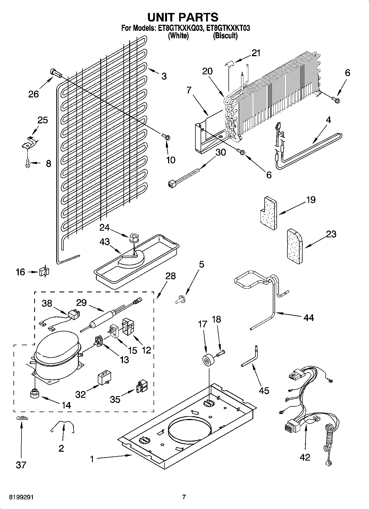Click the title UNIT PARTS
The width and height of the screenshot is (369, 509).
point(183,17)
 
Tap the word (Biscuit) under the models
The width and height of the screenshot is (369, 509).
point(225,36)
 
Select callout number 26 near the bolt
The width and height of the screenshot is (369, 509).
point(34,94)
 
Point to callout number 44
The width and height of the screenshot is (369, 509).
point(308,317)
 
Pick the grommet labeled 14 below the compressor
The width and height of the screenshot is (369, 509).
point(34,393)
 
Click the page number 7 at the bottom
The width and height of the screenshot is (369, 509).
point(184,497)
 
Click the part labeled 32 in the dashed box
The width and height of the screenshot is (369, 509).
point(105,379)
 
